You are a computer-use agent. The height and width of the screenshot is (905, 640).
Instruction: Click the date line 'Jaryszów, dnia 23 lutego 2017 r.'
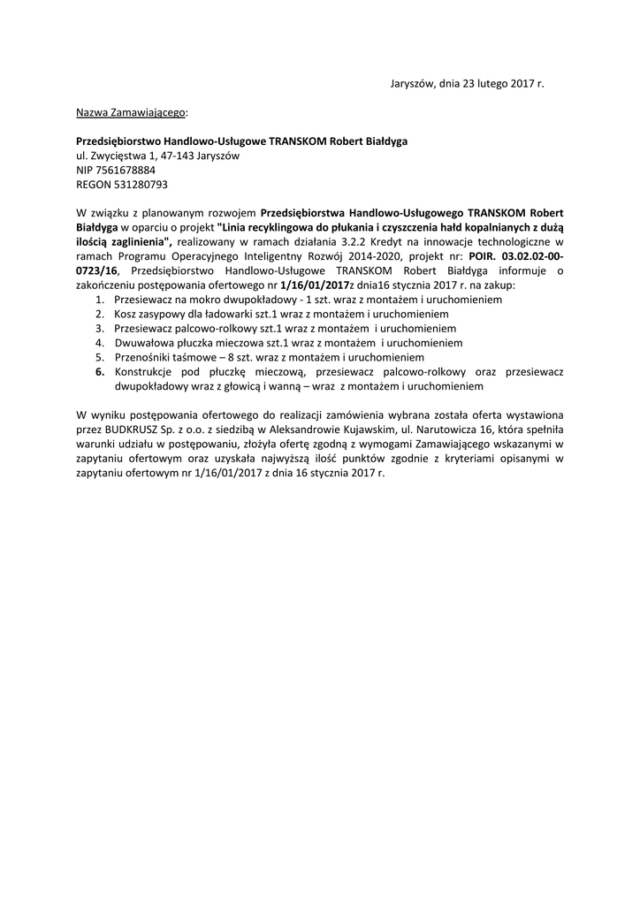[x=468, y=83]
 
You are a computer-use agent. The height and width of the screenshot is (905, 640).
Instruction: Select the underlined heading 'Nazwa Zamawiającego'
[x=131, y=112]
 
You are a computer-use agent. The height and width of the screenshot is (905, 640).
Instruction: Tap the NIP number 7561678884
[x=126, y=170]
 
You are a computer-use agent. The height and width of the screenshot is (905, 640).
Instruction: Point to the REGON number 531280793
[x=136, y=184]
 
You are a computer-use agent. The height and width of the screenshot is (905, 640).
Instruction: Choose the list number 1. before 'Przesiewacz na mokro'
[x=99, y=300]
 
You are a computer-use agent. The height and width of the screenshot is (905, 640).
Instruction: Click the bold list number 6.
[x=99, y=372]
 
